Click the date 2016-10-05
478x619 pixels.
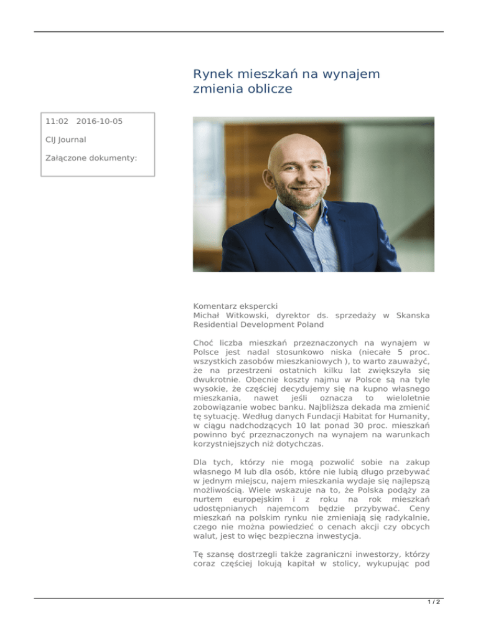tap(100, 121)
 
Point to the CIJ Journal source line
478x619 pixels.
tap(66, 139)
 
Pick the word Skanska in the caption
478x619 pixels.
tap(411, 316)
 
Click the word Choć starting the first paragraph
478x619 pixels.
tap(204, 343)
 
